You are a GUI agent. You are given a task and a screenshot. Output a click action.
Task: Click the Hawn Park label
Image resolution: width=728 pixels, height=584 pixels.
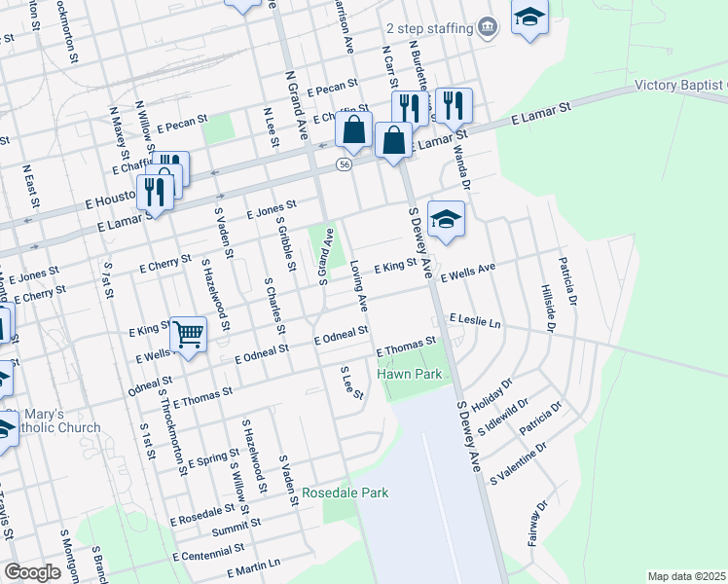coord(410,374)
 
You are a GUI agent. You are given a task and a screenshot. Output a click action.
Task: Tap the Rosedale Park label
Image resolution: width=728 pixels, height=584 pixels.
coord(346,493)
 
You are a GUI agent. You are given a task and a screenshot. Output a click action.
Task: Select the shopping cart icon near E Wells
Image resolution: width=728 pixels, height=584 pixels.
coord(189,335)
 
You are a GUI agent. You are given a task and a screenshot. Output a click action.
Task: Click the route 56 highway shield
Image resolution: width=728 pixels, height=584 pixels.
coord(345,165)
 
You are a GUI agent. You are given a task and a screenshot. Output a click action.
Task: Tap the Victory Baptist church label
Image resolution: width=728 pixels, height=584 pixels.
coord(680,85)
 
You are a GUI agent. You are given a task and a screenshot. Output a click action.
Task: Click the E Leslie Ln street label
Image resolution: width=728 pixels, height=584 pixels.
coord(475,320)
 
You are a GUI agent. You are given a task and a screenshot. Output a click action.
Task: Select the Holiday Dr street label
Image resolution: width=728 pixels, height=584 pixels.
coord(491,395)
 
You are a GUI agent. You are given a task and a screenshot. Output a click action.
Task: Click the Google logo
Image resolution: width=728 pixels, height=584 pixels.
coord(32,571)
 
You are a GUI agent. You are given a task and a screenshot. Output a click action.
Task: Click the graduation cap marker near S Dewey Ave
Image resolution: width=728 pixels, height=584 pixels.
coord(446,221)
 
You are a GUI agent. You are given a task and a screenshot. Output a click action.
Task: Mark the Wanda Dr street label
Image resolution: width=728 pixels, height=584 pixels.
coord(464,170)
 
